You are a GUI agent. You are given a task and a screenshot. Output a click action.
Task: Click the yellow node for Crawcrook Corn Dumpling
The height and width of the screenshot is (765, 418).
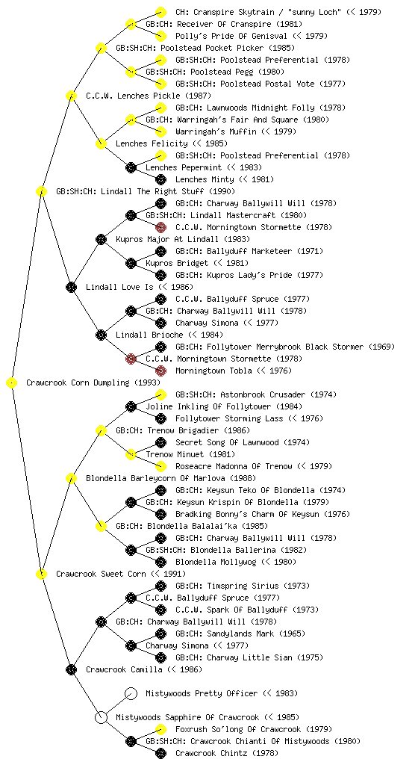[12, 383]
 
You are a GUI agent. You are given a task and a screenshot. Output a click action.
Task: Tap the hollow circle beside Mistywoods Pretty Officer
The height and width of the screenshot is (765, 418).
[131, 693]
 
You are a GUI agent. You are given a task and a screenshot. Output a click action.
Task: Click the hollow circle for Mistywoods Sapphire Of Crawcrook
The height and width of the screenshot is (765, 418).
[101, 717]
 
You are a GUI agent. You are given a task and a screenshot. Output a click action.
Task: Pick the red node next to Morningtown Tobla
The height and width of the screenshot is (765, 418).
[160, 371]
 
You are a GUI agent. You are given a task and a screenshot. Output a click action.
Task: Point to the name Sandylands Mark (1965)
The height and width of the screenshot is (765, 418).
[240, 634]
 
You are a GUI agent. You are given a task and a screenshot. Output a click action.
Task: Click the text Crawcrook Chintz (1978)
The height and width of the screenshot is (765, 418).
[226, 753]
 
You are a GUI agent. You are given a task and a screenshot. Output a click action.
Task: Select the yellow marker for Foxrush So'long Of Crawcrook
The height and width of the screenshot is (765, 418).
[160, 729]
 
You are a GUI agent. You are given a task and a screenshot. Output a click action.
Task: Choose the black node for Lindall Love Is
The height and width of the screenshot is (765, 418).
[71, 287]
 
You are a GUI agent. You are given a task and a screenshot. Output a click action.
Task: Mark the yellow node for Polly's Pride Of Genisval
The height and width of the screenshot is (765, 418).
[160, 36]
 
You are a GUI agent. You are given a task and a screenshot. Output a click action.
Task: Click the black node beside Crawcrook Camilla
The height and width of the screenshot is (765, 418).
[71, 669]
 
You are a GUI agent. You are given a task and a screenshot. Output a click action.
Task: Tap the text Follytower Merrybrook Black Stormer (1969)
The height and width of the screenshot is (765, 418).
[285, 347]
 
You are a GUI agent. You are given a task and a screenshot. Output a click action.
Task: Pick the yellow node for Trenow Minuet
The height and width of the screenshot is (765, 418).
[131, 454]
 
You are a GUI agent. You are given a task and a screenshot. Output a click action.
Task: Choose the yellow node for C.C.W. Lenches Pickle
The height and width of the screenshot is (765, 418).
[71, 96]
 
